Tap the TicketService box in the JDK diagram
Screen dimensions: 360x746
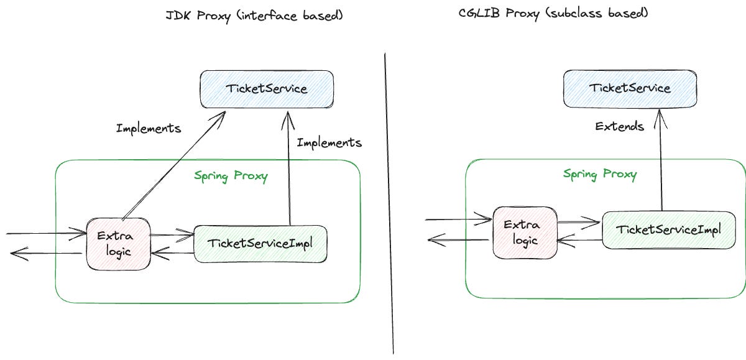266,89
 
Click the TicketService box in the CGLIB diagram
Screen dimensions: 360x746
629,88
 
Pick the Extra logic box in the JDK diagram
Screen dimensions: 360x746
117,243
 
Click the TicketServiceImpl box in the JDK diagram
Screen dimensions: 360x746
260,243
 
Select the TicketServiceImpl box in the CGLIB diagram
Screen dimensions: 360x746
668,229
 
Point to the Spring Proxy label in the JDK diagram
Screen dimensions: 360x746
231,177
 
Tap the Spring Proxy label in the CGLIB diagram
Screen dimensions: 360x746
599,173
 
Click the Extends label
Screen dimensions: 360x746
619,127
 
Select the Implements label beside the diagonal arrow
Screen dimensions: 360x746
149,129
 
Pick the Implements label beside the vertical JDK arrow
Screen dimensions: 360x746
329,143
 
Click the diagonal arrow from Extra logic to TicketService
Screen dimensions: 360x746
174,166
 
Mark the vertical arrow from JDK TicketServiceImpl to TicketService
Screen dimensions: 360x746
289,168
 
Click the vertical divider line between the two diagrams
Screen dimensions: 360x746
390,205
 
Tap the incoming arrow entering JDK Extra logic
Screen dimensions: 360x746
47,234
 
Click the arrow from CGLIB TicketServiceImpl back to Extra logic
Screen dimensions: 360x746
579,240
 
